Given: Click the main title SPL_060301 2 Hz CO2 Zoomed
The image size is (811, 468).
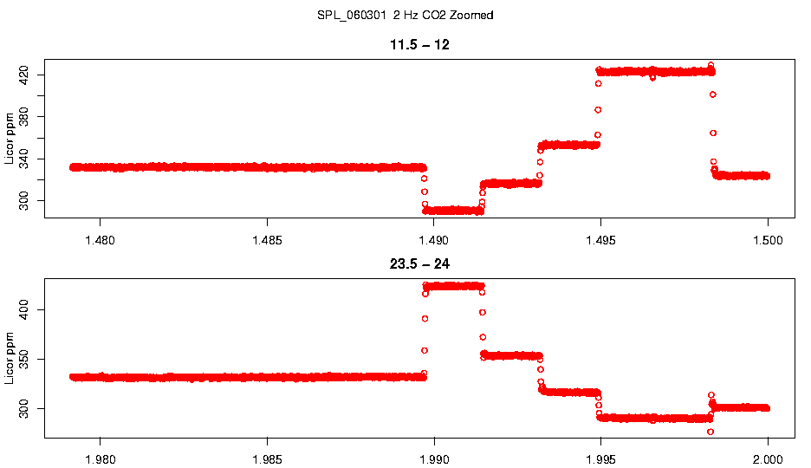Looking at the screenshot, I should pyautogui.click(x=405, y=16).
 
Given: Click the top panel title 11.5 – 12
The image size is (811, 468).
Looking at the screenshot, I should pyautogui.click(x=419, y=45).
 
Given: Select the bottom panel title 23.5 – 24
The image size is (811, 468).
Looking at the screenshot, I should pyautogui.click(x=419, y=263).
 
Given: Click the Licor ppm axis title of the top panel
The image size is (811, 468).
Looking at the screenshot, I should pyautogui.click(x=10, y=139).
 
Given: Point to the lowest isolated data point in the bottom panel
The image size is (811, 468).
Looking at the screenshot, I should pyautogui.click(x=710, y=432).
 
